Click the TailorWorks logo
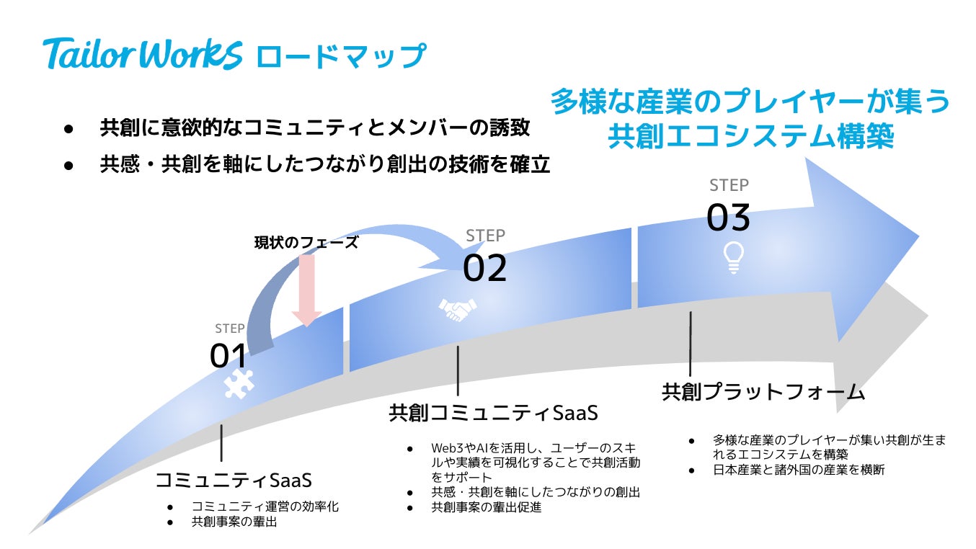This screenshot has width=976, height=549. [143, 53]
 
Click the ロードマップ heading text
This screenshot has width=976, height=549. [341, 56]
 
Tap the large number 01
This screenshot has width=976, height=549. [229, 356]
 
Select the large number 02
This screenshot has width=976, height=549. [485, 269]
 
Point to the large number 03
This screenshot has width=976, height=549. [729, 218]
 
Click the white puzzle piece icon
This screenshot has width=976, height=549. [239, 384]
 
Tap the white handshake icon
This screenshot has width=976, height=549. [458, 309]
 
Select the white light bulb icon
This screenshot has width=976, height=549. [733, 256]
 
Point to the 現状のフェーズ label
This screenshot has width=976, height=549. [306, 243]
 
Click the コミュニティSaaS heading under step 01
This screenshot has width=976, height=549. [234, 480]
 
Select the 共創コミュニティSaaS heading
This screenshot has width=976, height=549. [494, 414]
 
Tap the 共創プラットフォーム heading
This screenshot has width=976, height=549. [763, 392]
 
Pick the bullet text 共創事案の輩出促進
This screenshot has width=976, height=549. [487, 507]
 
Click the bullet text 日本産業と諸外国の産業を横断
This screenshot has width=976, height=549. [799, 470]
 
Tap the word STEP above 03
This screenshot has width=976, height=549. [729, 185]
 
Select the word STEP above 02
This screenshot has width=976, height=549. [485, 236]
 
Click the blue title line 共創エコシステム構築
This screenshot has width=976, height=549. [750, 136]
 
